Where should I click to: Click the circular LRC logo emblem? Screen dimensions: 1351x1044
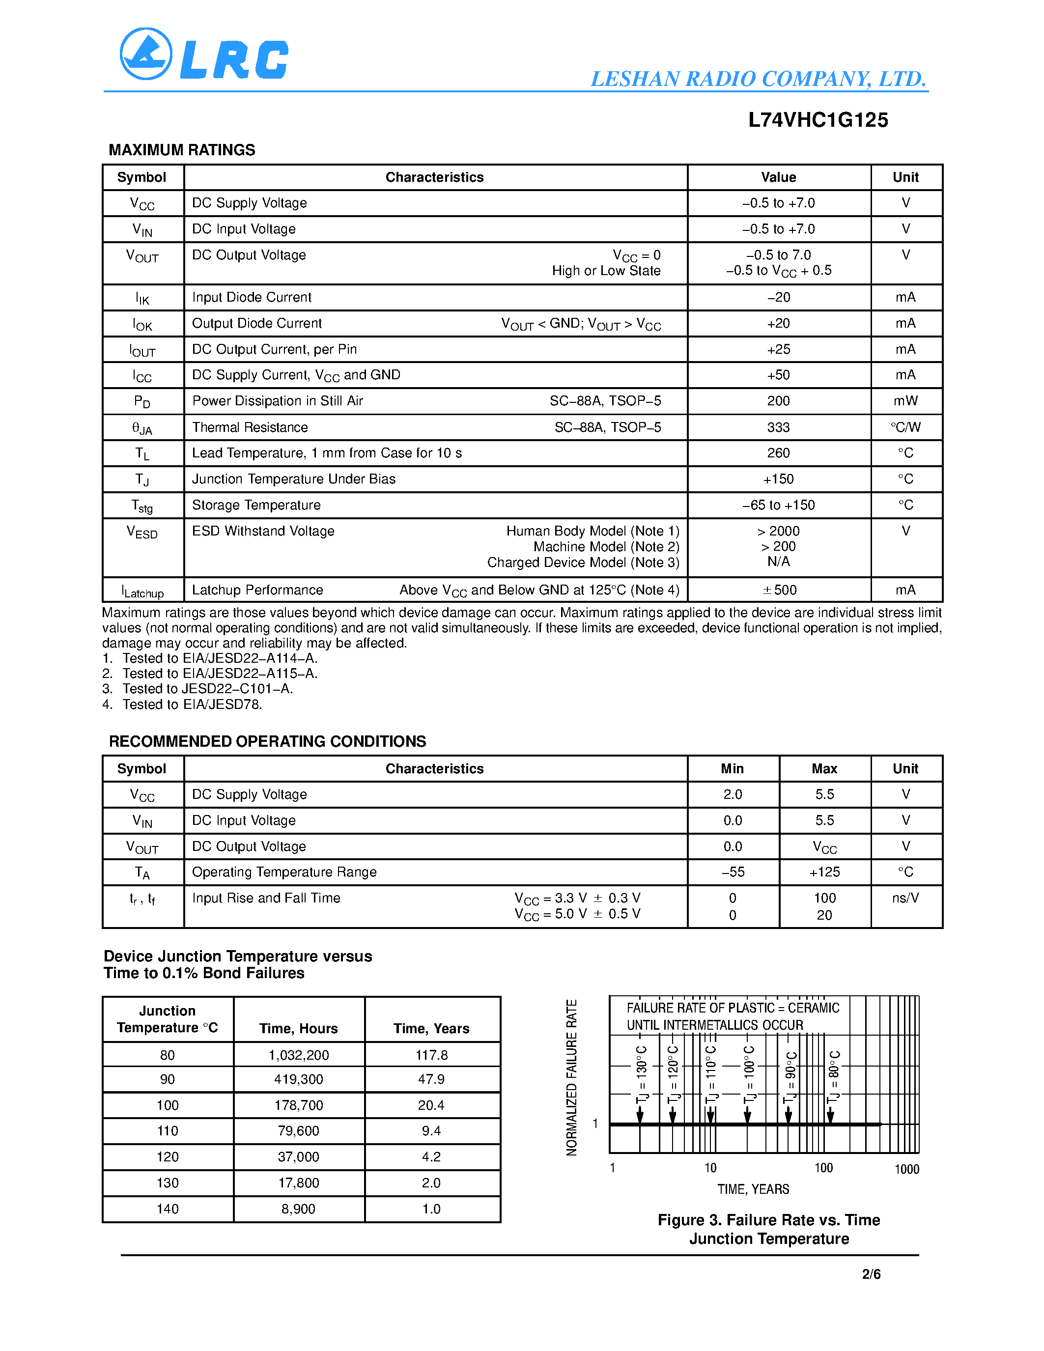[146, 54]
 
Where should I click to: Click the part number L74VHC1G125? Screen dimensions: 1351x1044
[818, 120]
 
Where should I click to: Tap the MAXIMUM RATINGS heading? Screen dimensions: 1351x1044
[182, 150]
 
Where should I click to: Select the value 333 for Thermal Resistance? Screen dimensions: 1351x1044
[778, 427]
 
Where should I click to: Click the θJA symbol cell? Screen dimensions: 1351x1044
[142, 428]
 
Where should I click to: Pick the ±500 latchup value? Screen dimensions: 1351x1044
[779, 590]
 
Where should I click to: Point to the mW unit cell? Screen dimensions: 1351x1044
[905, 401]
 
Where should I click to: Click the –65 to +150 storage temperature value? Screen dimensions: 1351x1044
[778, 506]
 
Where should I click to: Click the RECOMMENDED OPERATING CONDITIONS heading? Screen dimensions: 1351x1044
[267, 742]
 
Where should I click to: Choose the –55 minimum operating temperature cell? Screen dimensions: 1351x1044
[733, 872]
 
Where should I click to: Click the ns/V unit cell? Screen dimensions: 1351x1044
[905, 898]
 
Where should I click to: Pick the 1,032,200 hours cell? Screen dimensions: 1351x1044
[299, 1055]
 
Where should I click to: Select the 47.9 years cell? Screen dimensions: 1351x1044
[431, 1079]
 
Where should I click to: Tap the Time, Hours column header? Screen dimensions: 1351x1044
[299, 1029]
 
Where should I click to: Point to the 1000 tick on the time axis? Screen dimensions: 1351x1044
[907, 1169]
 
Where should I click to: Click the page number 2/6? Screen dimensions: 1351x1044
[871, 1274]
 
